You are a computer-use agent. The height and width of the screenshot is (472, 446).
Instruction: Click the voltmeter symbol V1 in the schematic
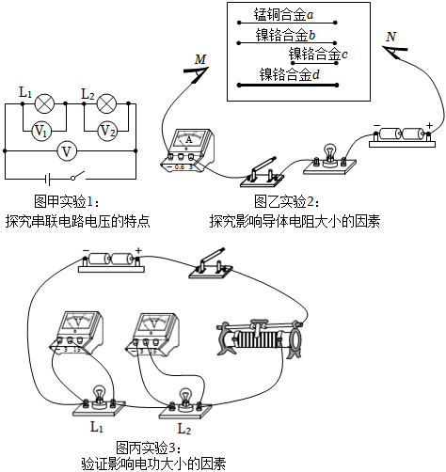coord(42,131)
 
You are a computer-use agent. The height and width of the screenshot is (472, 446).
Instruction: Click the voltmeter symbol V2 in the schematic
coord(107,131)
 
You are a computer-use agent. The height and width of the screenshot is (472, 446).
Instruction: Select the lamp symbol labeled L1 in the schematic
coord(44,103)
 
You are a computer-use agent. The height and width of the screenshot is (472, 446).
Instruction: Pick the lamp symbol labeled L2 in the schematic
coord(106,103)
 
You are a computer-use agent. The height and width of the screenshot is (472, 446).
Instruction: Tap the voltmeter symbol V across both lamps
coord(67,151)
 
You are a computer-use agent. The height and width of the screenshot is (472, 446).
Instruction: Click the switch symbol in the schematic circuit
coord(78,176)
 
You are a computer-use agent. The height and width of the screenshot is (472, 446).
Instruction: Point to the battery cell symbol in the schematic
coord(47,180)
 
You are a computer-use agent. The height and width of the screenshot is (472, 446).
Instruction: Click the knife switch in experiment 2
coord(262,173)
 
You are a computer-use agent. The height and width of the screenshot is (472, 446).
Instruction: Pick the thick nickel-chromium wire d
coord(288,85)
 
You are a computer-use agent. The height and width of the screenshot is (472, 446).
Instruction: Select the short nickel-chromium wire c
coord(314,63)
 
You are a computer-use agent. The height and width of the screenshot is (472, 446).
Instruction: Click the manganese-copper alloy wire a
coord(287,23)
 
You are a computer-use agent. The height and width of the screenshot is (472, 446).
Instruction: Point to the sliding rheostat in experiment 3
coord(261,339)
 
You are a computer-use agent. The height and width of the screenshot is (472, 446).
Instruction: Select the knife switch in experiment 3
coord(211,264)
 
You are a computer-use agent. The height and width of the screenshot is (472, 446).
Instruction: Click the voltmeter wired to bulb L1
coord(76,333)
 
